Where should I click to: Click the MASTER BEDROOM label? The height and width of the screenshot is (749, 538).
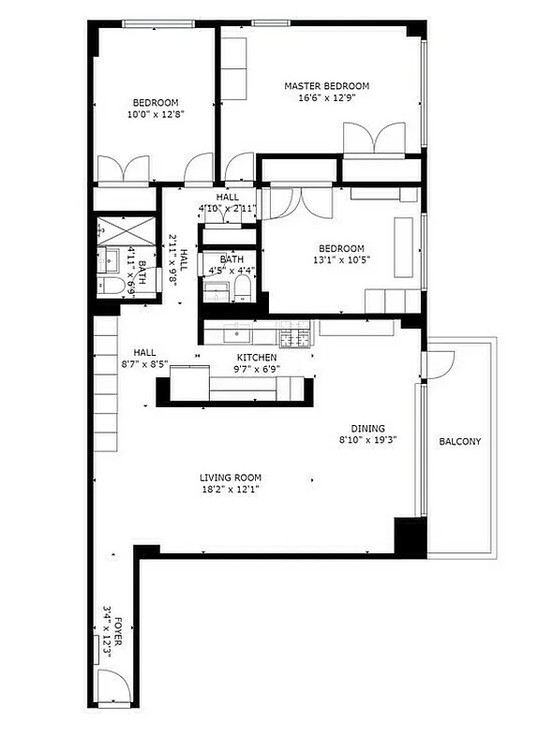pos(327,86)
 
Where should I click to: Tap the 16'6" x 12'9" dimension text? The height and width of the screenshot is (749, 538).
pos(327,97)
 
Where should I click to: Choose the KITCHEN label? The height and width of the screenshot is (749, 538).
pos(256,359)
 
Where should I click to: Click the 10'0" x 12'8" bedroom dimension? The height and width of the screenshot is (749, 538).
pos(156,115)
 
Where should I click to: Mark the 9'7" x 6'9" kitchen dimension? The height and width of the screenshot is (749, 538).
pos(256,370)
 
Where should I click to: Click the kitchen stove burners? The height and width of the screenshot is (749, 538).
pos(295,334)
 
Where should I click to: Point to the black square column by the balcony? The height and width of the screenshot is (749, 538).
pos(409,536)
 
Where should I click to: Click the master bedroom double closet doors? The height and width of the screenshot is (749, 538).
pos(373,140)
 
